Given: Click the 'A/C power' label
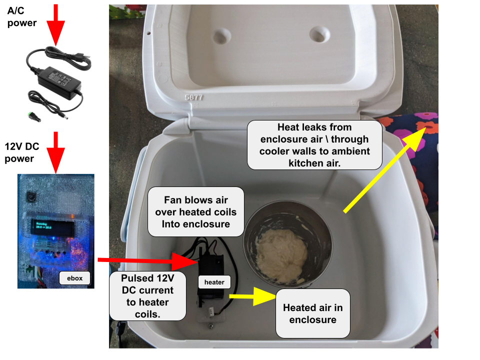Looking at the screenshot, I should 22,17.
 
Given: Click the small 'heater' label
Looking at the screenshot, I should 214,282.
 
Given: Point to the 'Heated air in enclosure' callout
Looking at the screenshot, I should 312,313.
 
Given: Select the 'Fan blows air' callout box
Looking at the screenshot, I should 195,212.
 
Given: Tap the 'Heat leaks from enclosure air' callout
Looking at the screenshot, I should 314,145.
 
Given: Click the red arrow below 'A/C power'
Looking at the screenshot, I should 55,25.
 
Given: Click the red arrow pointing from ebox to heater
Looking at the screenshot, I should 145,260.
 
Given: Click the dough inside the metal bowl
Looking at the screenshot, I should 281,255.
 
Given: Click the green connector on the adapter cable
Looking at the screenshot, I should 32,116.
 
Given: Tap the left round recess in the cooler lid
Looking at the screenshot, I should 219,34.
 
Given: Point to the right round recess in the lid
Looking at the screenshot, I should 318,34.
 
